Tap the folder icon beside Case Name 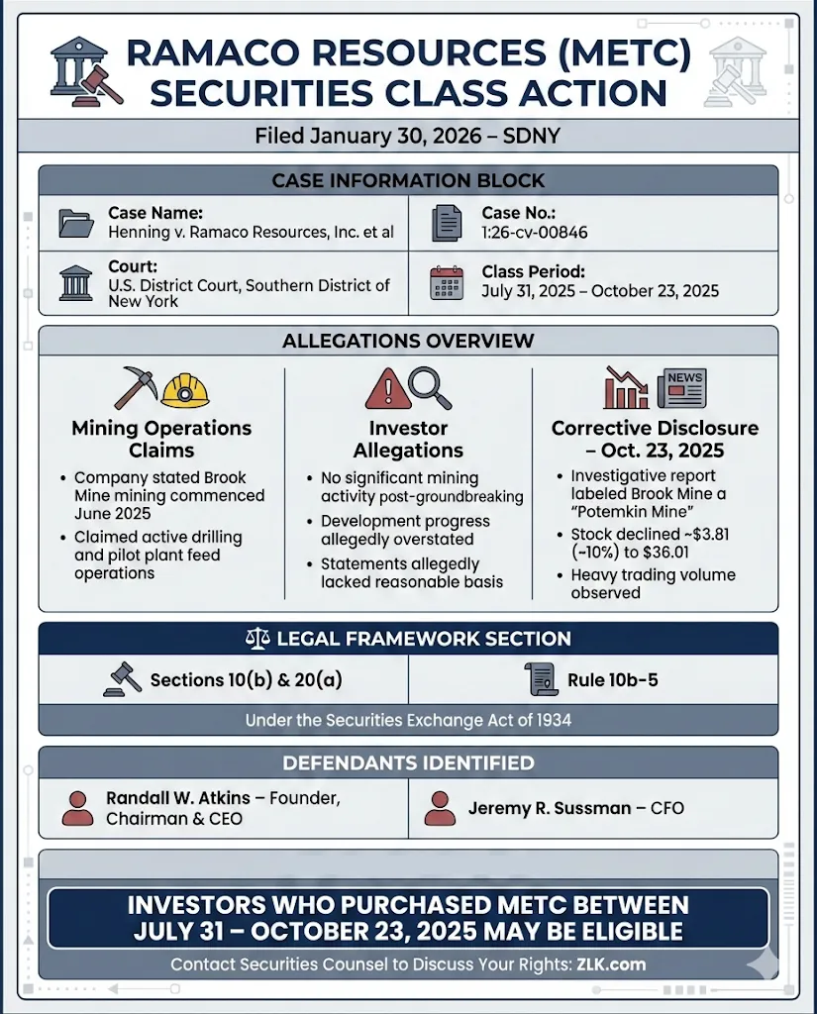pos(76,223)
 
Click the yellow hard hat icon pos(185,389)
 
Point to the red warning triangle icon pos(386,389)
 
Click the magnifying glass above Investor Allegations pos(430,387)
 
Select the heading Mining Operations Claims pos(161,439)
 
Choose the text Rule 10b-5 pos(612,679)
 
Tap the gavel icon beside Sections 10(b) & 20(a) pos(122,679)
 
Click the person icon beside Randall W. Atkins pos(76,808)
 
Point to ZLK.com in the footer pos(613,963)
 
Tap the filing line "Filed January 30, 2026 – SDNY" pos(407,136)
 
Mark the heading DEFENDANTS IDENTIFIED pos(408,762)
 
